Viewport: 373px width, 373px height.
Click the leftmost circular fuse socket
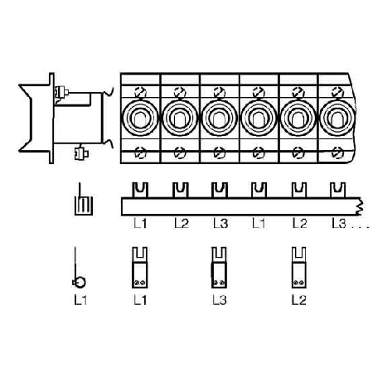pyautogui.click(x=140, y=118)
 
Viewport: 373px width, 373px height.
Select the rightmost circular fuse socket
pyautogui.click(x=337, y=118)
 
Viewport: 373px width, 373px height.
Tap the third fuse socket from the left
pyautogui.click(x=219, y=118)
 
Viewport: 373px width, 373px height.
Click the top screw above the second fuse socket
pyautogui.click(x=180, y=92)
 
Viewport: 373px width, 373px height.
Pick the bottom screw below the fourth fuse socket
pyautogui.click(x=259, y=153)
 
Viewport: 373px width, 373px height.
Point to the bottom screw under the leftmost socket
pyautogui.click(x=140, y=153)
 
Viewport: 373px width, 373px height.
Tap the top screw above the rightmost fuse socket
pyautogui.click(x=337, y=92)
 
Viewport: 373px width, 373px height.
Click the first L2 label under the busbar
pyautogui.click(x=182, y=223)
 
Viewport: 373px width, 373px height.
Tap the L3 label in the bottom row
pyautogui.click(x=220, y=300)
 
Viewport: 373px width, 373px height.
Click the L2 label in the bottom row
pyautogui.click(x=299, y=300)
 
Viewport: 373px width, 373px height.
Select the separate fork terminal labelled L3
pyautogui.click(x=219, y=268)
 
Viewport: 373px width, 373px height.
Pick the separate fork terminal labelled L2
pyautogui.click(x=298, y=268)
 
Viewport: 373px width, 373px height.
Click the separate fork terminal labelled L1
pyautogui.click(x=140, y=268)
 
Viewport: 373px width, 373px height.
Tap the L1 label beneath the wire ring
pyautogui.click(x=80, y=300)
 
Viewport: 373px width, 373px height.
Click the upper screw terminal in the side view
pyautogui.click(x=61, y=92)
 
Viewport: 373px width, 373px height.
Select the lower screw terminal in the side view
pyautogui.click(x=81, y=153)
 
